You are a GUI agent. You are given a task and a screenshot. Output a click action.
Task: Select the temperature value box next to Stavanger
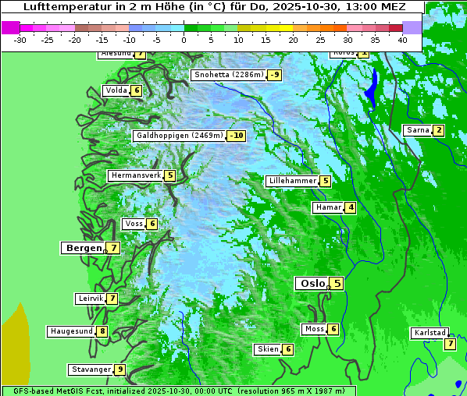point(119,369)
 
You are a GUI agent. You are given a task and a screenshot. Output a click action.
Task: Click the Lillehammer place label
point(292,181)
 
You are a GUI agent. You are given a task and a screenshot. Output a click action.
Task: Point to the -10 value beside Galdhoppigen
point(237,136)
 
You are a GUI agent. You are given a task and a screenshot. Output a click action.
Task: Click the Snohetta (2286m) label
point(228,75)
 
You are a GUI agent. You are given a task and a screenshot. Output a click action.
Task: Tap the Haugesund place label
point(71,331)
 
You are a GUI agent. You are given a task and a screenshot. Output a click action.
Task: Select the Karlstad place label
point(430,334)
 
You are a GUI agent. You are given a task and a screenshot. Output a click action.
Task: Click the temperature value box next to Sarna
point(439,130)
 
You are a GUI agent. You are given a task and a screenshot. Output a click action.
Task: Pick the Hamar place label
point(328,207)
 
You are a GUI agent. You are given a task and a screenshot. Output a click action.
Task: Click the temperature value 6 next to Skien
point(288,349)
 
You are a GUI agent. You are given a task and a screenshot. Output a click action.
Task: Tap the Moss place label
point(314,329)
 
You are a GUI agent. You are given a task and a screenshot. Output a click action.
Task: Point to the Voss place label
point(134,224)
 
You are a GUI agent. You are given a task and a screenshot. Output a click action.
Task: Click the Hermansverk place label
point(135,175)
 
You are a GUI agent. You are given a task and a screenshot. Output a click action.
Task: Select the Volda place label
point(116,90)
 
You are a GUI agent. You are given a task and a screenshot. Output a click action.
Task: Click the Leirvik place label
point(91,299)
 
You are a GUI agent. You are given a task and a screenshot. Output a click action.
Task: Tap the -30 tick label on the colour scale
point(20,40)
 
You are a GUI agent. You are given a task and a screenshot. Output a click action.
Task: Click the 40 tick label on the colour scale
point(402,40)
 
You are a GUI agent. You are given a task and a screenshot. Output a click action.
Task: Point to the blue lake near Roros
point(372,87)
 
